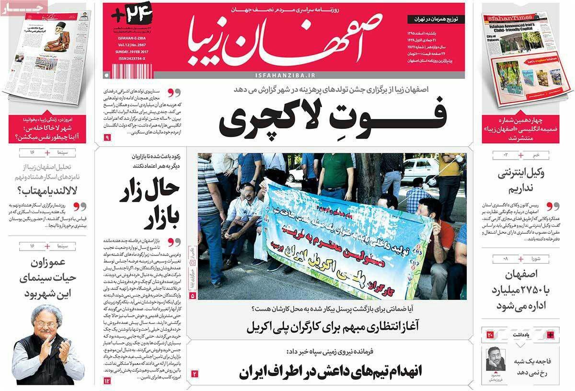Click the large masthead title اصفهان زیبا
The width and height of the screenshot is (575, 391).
[283, 40]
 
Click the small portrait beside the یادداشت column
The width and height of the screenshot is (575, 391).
[495, 359]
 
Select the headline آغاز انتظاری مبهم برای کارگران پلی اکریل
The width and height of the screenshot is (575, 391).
[333, 327]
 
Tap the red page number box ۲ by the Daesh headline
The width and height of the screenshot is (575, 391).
[195, 373]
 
